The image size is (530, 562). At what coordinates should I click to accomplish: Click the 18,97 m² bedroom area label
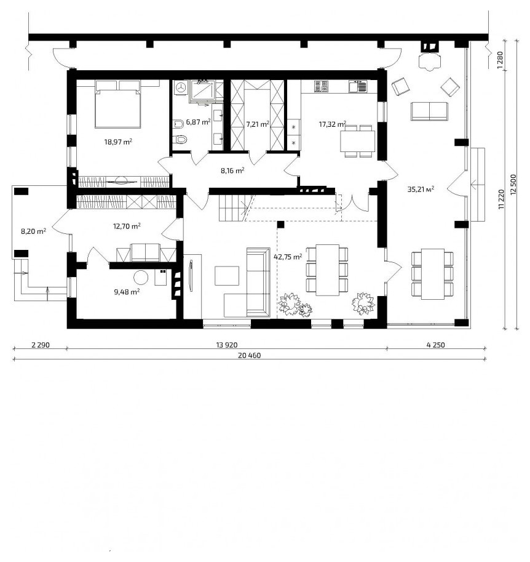click(x=118, y=142)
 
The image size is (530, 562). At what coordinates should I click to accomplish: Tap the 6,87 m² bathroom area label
click(x=198, y=122)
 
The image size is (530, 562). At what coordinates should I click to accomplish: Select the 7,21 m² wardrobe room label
click(x=258, y=124)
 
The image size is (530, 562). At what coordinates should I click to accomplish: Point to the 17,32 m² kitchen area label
click(x=332, y=124)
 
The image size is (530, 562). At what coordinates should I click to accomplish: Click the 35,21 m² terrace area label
click(x=421, y=189)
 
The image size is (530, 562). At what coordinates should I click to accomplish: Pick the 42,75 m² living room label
click(x=288, y=257)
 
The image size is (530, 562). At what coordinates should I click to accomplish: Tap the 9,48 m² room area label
click(x=127, y=292)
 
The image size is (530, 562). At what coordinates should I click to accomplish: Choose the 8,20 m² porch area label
click(x=33, y=231)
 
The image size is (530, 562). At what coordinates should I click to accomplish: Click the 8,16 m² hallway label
click(x=232, y=171)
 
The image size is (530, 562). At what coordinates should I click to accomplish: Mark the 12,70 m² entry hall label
click(x=127, y=226)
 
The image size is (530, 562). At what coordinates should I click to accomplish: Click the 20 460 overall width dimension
click(x=249, y=356)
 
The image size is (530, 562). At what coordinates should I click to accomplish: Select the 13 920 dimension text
click(x=227, y=345)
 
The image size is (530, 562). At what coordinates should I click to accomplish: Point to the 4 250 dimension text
click(x=436, y=345)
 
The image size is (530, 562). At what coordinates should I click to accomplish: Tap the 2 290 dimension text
click(x=41, y=345)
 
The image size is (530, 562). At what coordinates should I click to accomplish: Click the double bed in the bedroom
click(x=117, y=104)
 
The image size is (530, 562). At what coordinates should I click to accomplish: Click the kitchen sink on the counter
click(x=358, y=86)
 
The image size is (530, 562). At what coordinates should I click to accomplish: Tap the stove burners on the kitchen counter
click(x=321, y=86)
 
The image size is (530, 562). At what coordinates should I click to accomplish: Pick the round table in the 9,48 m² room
click(x=141, y=277)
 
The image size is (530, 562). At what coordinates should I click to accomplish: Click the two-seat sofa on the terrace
click(x=429, y=111)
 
